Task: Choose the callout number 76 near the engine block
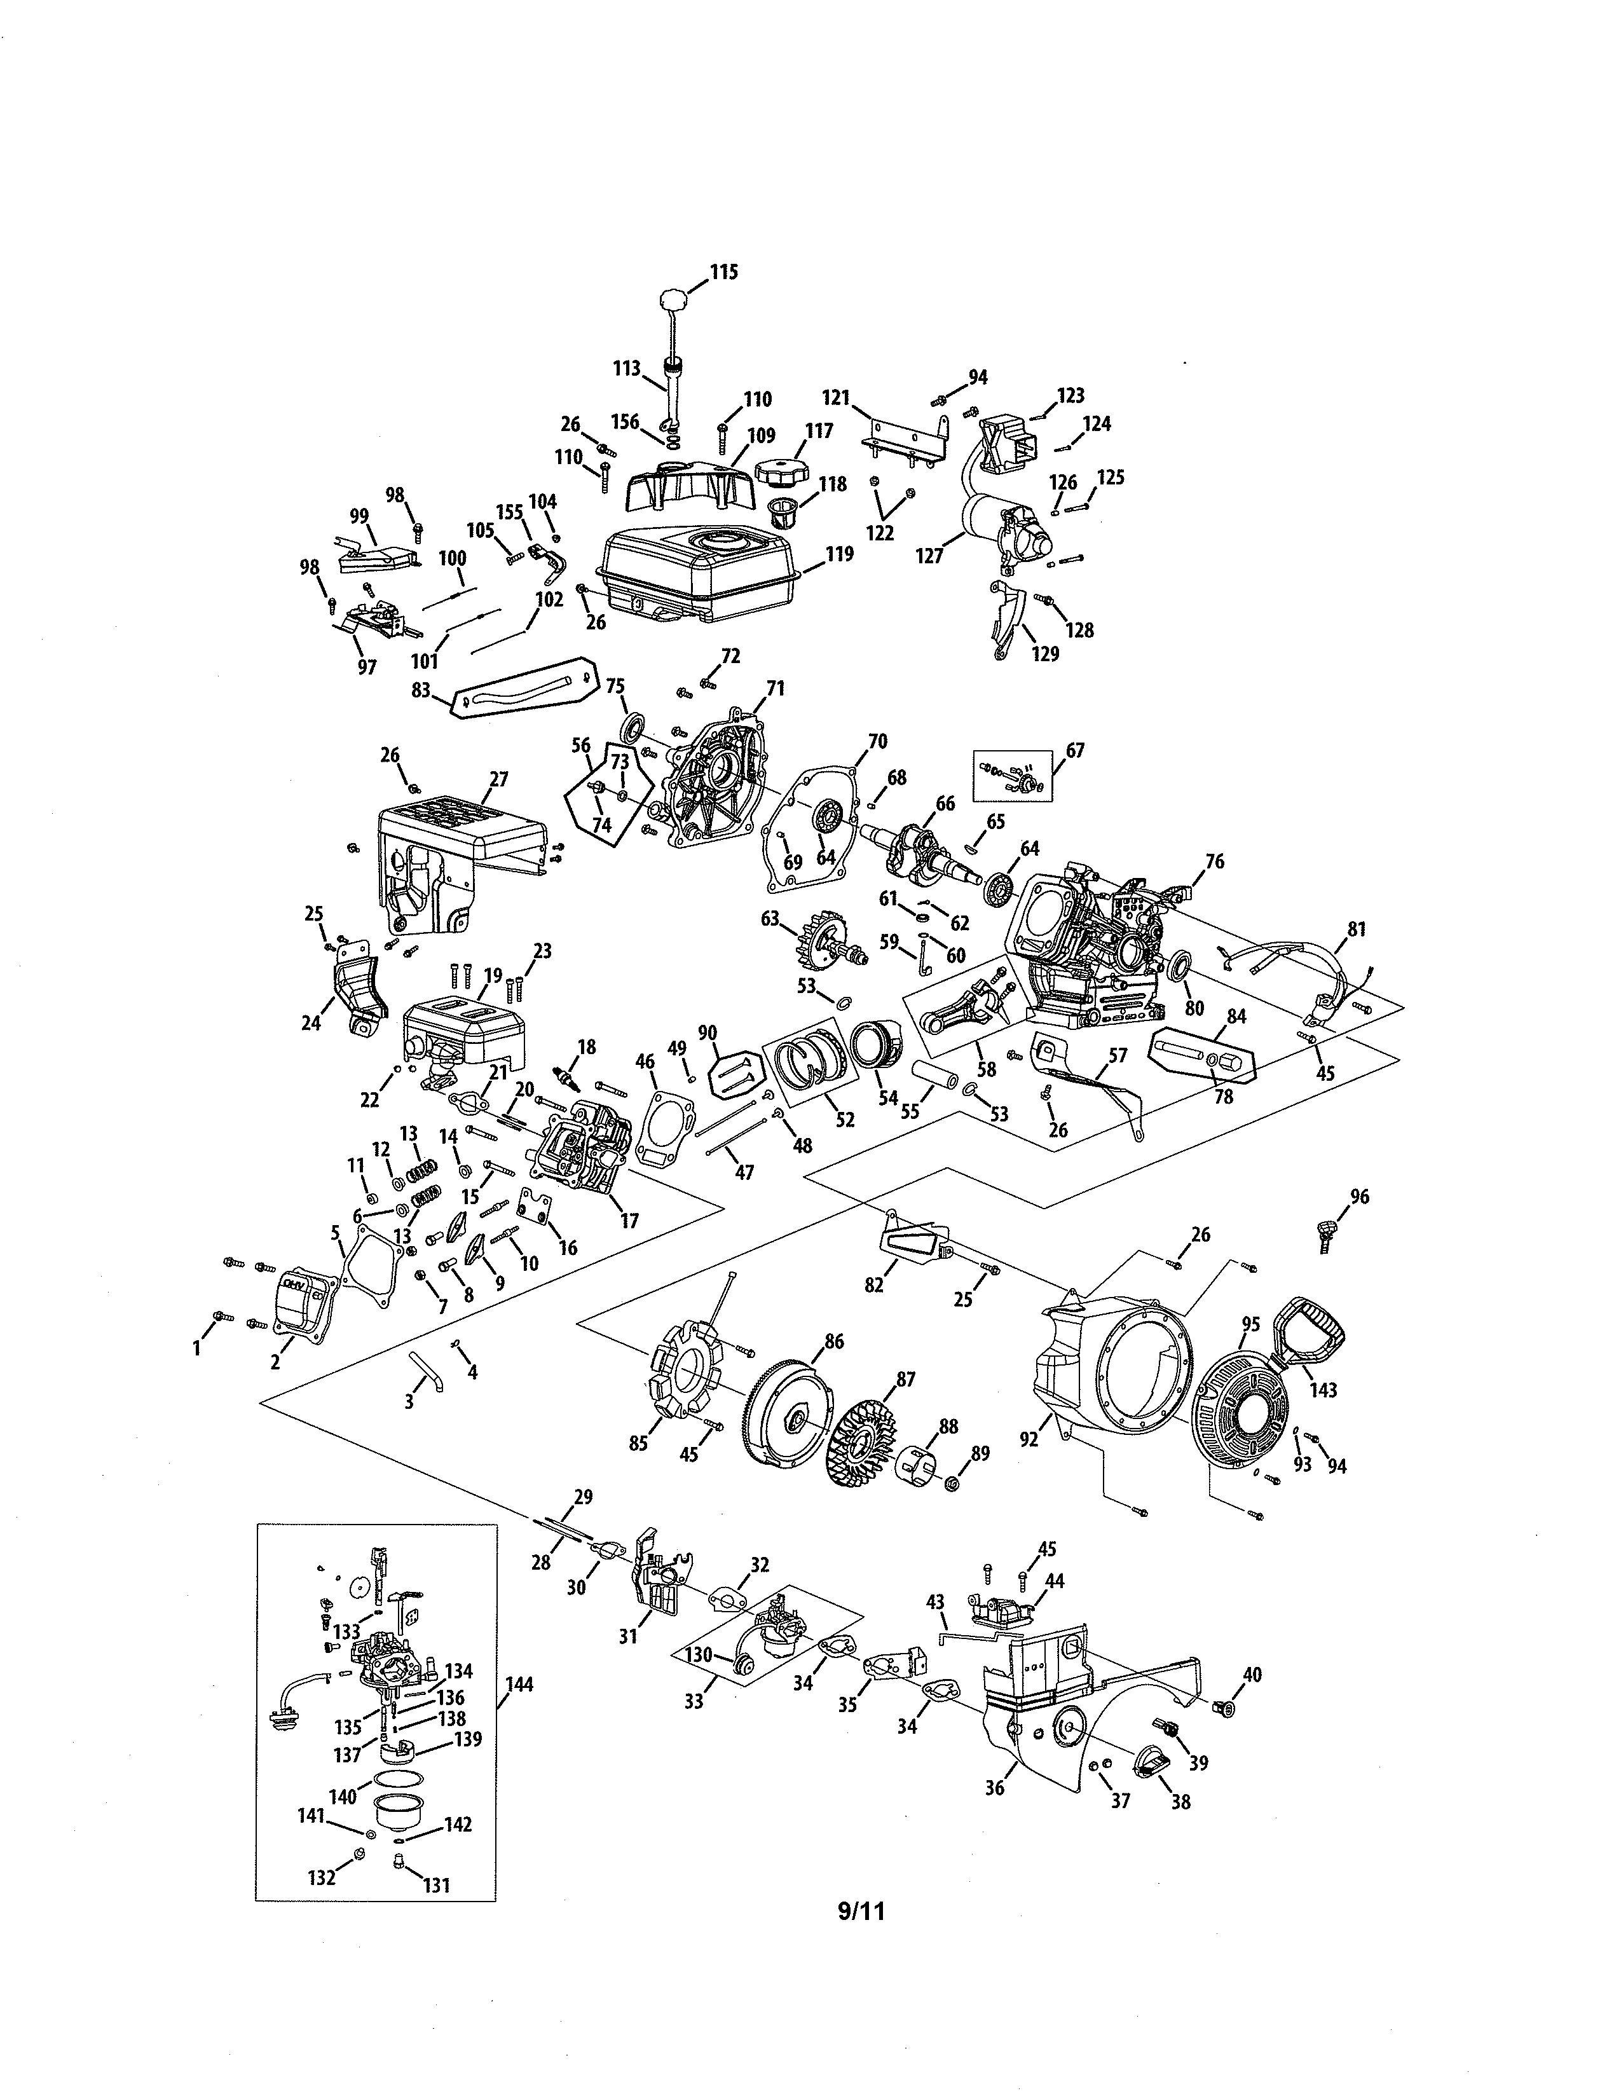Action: point(1215,861)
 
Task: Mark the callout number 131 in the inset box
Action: point(436,1885)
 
